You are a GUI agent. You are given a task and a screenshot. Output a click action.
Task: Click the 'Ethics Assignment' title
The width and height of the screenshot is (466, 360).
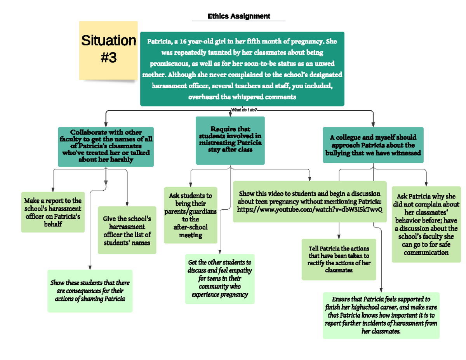click(x=239, y=16)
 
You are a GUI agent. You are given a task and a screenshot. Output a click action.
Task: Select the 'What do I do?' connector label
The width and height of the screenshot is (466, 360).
click(x=244, y=110)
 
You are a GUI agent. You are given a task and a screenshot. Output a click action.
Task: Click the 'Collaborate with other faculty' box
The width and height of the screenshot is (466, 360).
click(x=106, y=146)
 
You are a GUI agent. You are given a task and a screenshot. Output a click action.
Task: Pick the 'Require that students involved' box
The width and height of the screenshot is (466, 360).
click(x=230, y=140)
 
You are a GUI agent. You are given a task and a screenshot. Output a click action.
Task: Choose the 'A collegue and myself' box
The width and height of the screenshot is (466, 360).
click(x=373, y=145)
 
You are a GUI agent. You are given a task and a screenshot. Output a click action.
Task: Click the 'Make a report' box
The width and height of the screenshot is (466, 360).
click(x=53, y=212)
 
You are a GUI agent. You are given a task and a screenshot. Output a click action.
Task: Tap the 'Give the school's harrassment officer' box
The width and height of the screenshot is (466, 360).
click(x=127, y=230)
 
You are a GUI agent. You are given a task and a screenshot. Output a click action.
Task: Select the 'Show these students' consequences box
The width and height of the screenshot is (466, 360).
click(x=90, y=291)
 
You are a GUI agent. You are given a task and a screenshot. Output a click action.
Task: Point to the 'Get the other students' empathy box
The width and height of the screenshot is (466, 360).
click(x=220, y=278)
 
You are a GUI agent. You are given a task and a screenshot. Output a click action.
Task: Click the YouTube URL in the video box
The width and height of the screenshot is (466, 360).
click(x=310, y=209)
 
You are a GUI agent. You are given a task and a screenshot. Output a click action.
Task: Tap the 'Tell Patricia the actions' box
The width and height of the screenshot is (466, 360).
click(x=339, y=259)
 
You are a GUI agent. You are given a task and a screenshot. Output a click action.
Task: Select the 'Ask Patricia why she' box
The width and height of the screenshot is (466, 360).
click(x=426, y=224)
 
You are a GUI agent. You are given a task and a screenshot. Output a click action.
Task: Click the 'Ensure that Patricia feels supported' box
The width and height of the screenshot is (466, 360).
click(x=381, y=315)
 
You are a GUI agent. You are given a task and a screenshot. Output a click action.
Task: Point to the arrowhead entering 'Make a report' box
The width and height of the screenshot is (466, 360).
click(x=52, y=189)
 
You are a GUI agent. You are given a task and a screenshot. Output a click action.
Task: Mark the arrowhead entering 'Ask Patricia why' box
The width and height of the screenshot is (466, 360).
click(x=426, y=183)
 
